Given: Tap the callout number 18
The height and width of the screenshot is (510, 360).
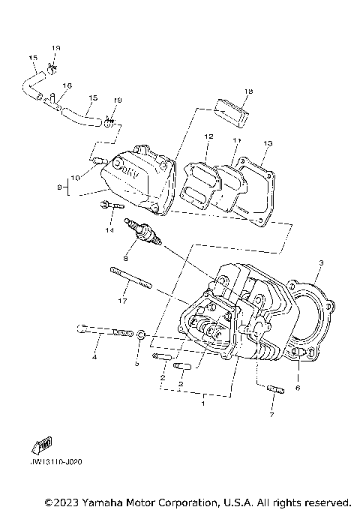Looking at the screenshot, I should coord(228,91).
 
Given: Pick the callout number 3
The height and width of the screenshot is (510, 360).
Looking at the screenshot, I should coord(320,263).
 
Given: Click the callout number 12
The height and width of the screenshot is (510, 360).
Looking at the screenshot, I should coord(209,136).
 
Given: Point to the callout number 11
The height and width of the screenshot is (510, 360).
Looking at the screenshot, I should coord(236,140).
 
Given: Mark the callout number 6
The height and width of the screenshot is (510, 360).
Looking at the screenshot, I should coord(298,388).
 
